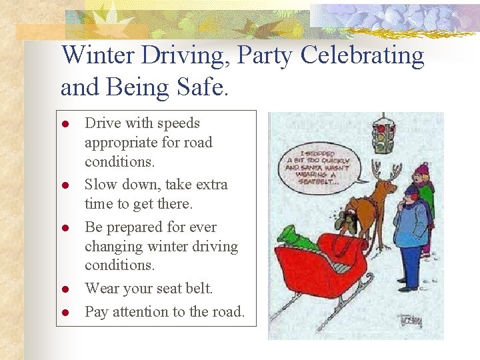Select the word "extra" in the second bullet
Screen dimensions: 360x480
pos(211,184)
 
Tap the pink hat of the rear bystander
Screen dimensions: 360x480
pos(421,169)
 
